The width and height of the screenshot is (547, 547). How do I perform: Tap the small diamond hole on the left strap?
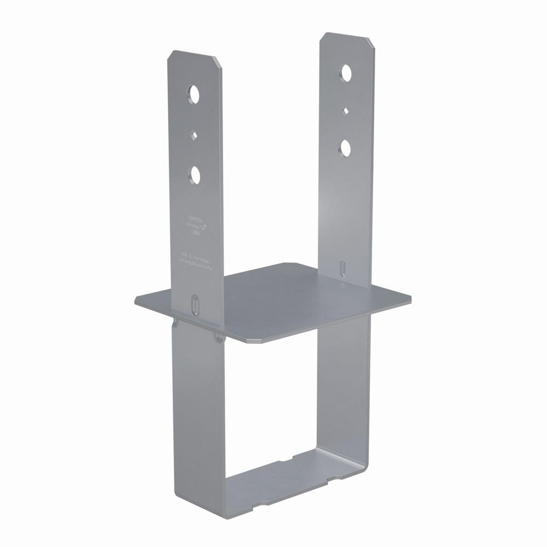[194, 135]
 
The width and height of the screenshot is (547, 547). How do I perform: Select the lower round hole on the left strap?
[195, 175]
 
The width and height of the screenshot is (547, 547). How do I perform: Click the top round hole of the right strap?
[346, 73]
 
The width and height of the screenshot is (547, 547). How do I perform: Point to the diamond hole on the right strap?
[345, 111]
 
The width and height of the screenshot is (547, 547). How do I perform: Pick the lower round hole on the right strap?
[345, 148]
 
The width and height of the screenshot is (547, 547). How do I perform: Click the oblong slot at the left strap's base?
[195, 304]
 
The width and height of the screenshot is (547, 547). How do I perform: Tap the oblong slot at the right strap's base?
[342, 269]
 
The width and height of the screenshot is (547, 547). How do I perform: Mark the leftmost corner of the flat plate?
[137, 301]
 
